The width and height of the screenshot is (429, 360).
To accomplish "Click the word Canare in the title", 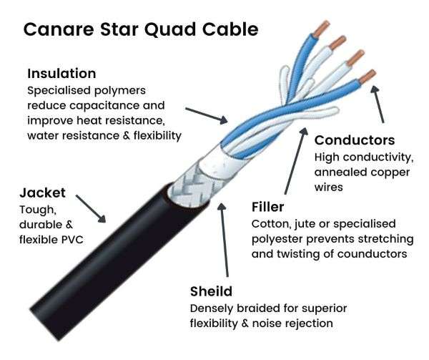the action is [x=59, y=29].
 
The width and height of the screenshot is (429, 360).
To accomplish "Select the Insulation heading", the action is [x=61, y=74].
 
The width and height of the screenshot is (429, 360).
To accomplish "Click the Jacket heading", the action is [x=42, y=193].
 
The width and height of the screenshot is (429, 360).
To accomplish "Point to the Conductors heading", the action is [x=355, y=140].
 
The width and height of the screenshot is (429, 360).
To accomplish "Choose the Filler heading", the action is [x=267, y=207].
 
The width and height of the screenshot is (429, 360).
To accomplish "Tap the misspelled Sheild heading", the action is [x=211, y=291].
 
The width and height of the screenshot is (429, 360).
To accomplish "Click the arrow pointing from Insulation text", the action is [x=207, y=115].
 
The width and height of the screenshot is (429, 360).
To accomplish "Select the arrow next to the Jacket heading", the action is [x=91, y=208].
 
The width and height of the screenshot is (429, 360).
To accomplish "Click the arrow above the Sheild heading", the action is [x=225, y=240].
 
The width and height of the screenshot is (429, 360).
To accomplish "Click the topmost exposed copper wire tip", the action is [x=322, y=29].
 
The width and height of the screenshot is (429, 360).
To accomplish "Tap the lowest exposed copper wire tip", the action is [x=368, y=77].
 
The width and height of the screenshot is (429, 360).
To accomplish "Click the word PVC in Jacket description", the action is [x=72, y=240].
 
